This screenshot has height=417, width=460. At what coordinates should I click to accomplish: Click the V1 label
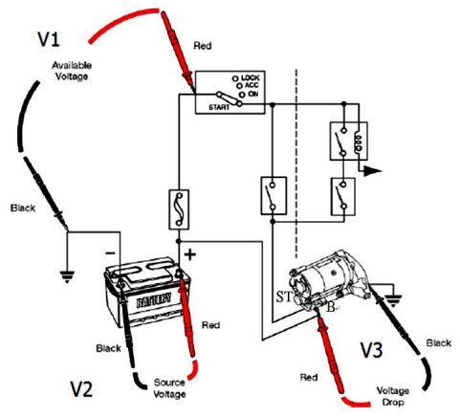49,39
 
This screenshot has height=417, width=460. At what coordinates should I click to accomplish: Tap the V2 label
81,388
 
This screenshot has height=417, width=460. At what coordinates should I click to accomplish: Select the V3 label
372,350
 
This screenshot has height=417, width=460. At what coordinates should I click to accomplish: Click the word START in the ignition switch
219,107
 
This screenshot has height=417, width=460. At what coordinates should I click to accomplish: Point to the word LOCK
251,77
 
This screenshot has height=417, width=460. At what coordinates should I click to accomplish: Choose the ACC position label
252,85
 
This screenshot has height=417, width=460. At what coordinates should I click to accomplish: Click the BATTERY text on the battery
154,300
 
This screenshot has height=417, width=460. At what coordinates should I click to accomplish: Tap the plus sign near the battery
190,254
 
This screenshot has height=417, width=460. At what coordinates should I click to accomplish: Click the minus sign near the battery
110,253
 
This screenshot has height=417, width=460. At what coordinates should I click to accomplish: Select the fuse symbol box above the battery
179,209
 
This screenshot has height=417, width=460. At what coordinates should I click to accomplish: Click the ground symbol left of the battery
67,276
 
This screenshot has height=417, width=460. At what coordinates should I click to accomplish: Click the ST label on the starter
284,297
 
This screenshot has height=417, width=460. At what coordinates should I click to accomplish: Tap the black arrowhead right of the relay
372,171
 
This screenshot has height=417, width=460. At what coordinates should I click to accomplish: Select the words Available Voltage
72,71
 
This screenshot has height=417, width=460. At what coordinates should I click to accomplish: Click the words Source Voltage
169,388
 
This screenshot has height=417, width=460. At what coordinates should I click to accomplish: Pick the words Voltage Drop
393,396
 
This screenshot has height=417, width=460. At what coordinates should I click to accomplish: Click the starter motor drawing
327,281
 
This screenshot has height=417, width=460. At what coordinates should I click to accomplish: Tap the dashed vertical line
296,164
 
